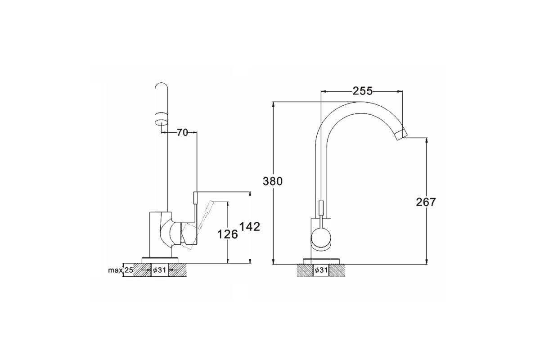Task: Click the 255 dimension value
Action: [x=363, y=91]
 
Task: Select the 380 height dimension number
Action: [x=272, y=181]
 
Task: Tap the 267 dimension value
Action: [x=426, y=202]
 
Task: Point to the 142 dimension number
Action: [x=250, y=227]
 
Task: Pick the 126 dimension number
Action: [x=228, y=234]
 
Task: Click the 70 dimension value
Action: [x=182, y=132]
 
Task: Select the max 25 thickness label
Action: [x=121, y=270]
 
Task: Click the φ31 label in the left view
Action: [x=160, y=270]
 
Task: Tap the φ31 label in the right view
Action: [x=321, y=270]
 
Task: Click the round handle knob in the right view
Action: [x=321, y=238]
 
